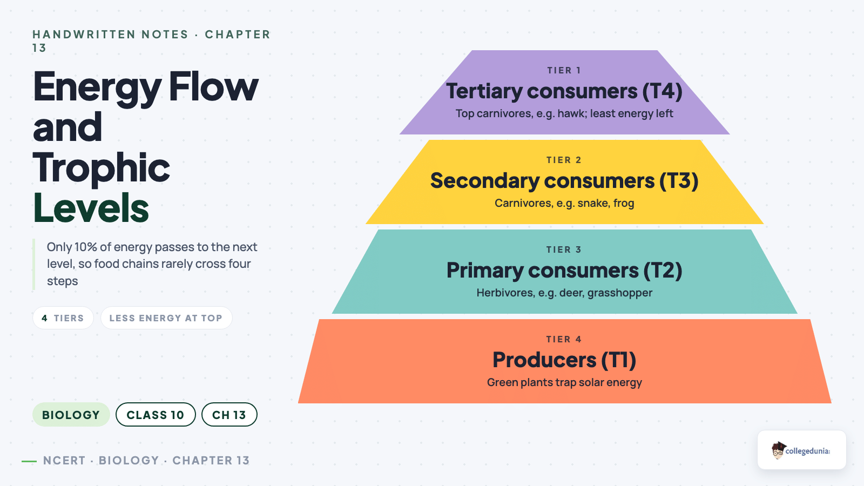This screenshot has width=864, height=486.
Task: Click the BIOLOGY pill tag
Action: (x=71, y=415)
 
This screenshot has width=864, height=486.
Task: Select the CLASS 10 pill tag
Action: (x=156, y=415)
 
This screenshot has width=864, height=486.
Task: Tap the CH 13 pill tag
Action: (x=229, y=415)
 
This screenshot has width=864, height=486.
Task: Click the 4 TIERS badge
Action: (x=63, y=318)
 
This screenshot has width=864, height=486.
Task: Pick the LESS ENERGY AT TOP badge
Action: (x=166, y=318)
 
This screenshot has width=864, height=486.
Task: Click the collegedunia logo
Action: (x=801, y=450)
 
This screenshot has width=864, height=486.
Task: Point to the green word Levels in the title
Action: (x=91, y=207)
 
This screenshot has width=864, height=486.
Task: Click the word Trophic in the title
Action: (x=102, y=167)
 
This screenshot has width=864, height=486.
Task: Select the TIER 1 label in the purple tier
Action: (x=564, y=70)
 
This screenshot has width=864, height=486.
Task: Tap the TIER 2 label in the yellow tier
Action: (x=564, y=160)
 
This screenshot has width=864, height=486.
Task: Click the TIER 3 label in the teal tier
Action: (x=564, y=249)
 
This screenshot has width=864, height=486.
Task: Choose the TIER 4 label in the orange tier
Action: (x=564, y=339)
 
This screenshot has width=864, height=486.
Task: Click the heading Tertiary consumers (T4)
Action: (x=564, y=91)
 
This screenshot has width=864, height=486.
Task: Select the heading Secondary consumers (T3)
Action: (x=564, y=181)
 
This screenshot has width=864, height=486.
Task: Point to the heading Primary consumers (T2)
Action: (x=564, y=271)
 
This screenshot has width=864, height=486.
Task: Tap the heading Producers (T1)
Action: (x=564, y=360)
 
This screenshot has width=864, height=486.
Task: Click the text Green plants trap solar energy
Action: (x=564, y=383)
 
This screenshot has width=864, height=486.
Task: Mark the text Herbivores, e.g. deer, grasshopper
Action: (x=564, y=293)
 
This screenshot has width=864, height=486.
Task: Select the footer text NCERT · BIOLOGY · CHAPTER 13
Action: (x=146, y=461)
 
